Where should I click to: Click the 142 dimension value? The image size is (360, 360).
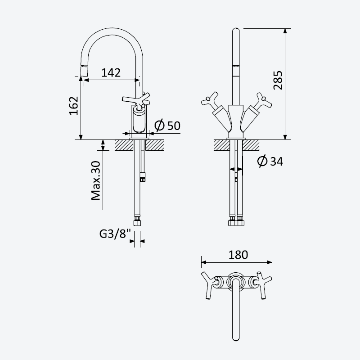pyautogui.click(x=111, y=72)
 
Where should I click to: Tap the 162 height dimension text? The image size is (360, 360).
pyautogui.click(x=74, y=106)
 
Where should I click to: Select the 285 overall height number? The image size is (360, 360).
pyautogui.click(x=278, y=80)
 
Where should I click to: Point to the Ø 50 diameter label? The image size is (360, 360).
pyautogui.click(x=167, y=126)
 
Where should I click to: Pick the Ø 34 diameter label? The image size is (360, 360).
pyautogui.click(x=270, y=161)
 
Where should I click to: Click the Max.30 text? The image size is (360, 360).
pyautogui.click(x=96, y=180)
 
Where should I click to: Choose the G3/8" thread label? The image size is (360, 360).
pyautogui.click(x=115, y=234)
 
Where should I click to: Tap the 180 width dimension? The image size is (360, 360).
pyautogui.click(x=238, y=255)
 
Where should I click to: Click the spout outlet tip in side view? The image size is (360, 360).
pyautogui.click(x=84, y=71)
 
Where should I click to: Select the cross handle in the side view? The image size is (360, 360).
pyautogui.click(x=136, y=99)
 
